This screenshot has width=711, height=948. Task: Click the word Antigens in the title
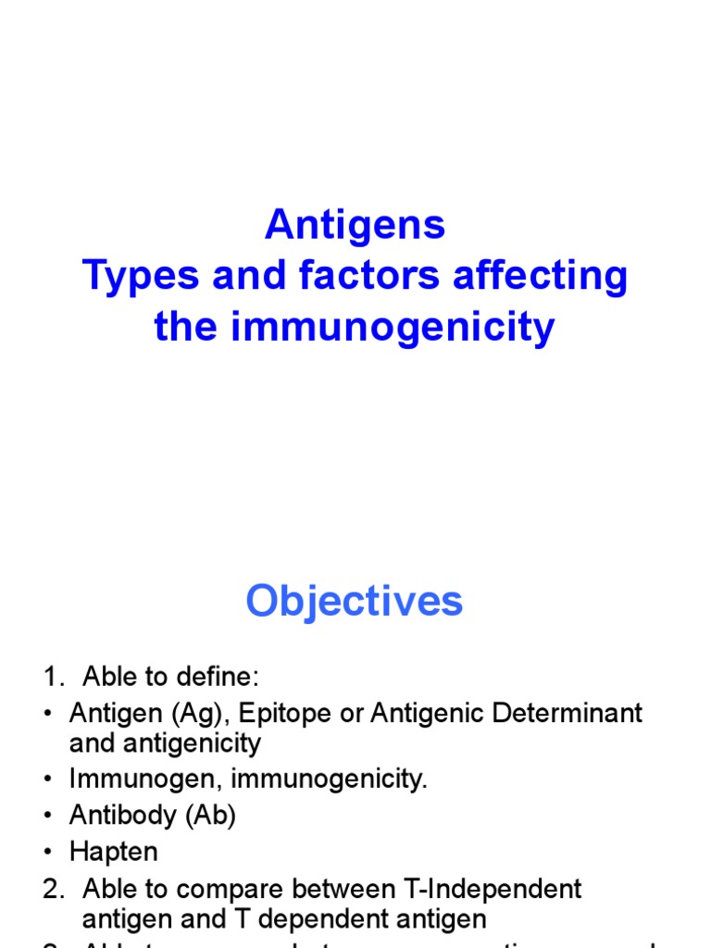[x=355, y=225]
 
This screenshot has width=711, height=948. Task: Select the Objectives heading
[x=355, y=602]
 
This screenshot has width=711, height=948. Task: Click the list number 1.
[x=51, y=678]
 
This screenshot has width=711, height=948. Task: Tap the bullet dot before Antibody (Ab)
[x=49, y=816]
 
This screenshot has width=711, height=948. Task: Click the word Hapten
[x=114, y=852]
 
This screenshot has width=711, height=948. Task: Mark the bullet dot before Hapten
[x=49, y=852]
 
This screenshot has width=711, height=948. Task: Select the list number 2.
[x=52, y=890]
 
